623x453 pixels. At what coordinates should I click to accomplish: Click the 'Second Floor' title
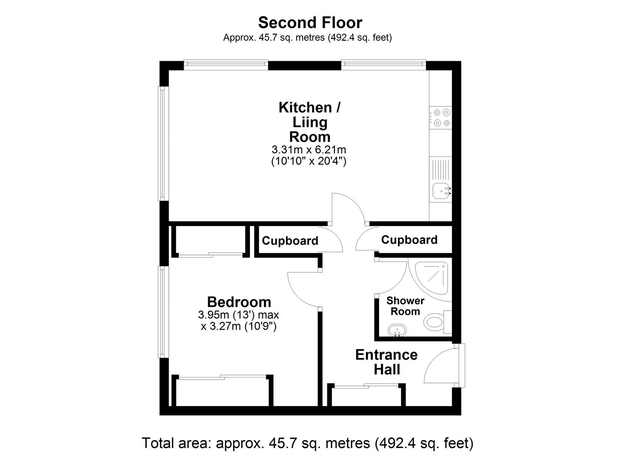tap(310, 23)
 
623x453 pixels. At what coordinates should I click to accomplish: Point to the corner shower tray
tap(432, 278)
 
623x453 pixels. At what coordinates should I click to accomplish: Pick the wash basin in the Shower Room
tap(397, 331)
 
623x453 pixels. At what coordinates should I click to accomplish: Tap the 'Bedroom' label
tap(239, 302)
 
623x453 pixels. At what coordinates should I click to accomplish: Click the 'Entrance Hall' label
tap(386, 362)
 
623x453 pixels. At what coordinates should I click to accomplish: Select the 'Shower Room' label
tap(405, 306)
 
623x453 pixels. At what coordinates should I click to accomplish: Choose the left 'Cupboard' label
tap(290, 241)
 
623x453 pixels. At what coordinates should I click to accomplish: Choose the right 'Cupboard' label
tap(409, 240)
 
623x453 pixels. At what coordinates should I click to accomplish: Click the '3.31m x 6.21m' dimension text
tap(309, 150)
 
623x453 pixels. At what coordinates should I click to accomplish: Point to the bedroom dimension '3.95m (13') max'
tap(238, 315)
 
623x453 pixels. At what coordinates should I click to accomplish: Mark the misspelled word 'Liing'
tap(310, 122)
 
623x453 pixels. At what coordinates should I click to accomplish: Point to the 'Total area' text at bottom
tap(308, 443)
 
